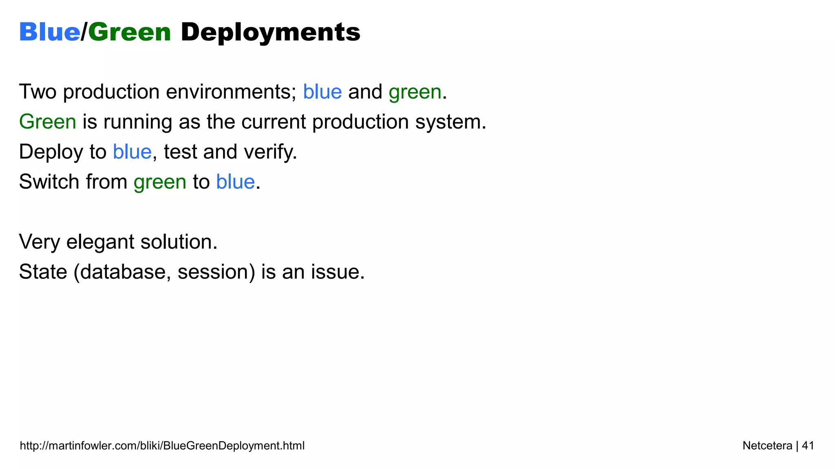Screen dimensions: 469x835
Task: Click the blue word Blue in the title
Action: coord(49,32)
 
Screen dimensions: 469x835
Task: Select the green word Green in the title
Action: coord(129,32)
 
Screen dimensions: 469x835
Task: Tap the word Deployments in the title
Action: coord(270,32)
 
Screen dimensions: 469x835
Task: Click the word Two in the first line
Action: coord(38,92)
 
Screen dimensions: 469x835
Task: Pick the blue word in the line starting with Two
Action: coord(322,92)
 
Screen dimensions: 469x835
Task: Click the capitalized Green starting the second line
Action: coord(48,122)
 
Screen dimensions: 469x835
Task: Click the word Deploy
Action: coord(51,152)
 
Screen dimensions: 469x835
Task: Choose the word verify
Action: coord(270,152)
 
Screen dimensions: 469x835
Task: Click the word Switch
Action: coord(49,182)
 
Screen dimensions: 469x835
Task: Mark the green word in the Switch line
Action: coord(160,182)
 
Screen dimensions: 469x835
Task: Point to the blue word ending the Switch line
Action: coord(235,182)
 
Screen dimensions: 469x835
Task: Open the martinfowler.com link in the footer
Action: coord(162,446)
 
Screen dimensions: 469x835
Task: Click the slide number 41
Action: coord(808,446)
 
